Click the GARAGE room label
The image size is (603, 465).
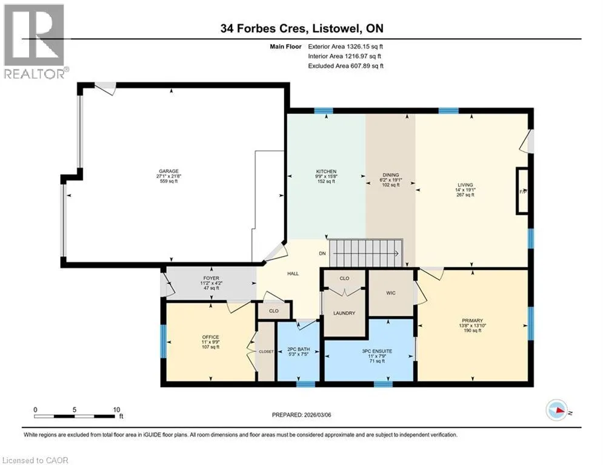(x=169, y=171)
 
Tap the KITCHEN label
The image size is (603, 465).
(x=326, y=171)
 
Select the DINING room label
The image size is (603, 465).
(x=391, y=175)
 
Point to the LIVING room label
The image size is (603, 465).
(x=465, y=185)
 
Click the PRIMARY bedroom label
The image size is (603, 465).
(x=472, y=320)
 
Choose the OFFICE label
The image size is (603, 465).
(x=210, y=337)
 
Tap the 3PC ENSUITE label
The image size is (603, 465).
(x=377, y=351)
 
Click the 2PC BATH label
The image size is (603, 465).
(x=298, y=350)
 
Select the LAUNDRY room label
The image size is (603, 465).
(x=344, y=313)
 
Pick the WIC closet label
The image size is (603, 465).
(x=391, y=293)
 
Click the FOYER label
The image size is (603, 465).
(x=211, y=279)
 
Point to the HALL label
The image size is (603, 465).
(x=293, y=274)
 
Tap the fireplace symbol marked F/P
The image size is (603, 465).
(x=522, y=191)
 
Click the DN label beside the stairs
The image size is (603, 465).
(x=322, y=253)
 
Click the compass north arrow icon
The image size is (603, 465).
(x=557, y=411)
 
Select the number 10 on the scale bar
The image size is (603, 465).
(x=116, y=410)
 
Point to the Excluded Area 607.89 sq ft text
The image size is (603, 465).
(x=345, y=66)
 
